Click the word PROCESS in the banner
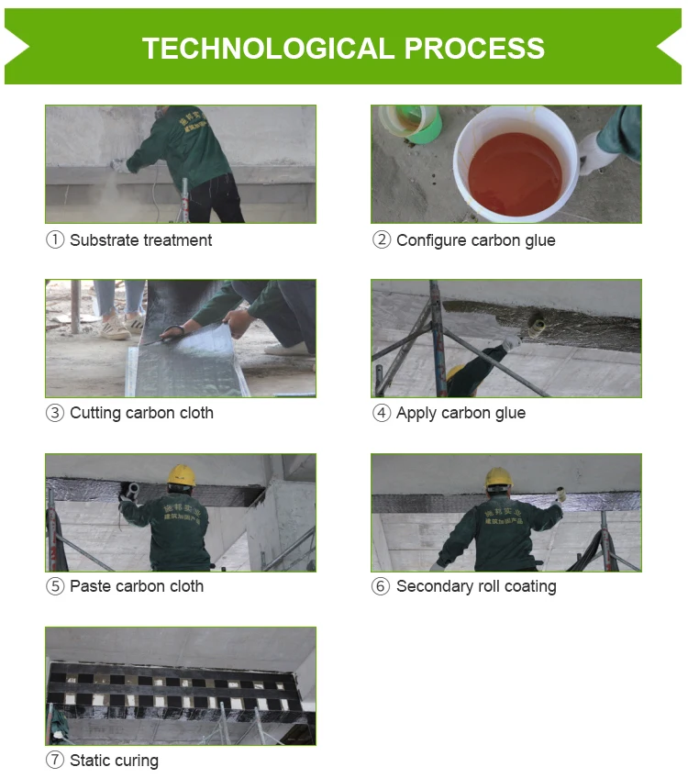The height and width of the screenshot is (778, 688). point(474,49)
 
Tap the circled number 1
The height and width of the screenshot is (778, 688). point(55,240)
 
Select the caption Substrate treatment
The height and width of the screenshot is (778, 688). point(141,240)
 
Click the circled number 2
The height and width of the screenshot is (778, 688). point(382,240)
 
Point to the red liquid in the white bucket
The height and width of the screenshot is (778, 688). point(515,173)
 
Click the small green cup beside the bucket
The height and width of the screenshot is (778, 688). point(411,123)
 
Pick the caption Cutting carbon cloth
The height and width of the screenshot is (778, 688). point(141,413)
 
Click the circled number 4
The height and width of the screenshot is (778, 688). point(382,413)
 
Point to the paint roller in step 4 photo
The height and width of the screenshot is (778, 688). point(535,327)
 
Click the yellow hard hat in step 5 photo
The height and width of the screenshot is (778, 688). point(181,475)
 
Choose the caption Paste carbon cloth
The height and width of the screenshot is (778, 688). point(137,586)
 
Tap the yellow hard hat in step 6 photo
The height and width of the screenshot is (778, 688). point(498,477)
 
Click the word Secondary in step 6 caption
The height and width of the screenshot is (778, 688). point(435,586)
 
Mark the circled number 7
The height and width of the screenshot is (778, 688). point(55,761)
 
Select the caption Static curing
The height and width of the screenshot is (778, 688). point(114,761)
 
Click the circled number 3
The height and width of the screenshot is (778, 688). point(55,413)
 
